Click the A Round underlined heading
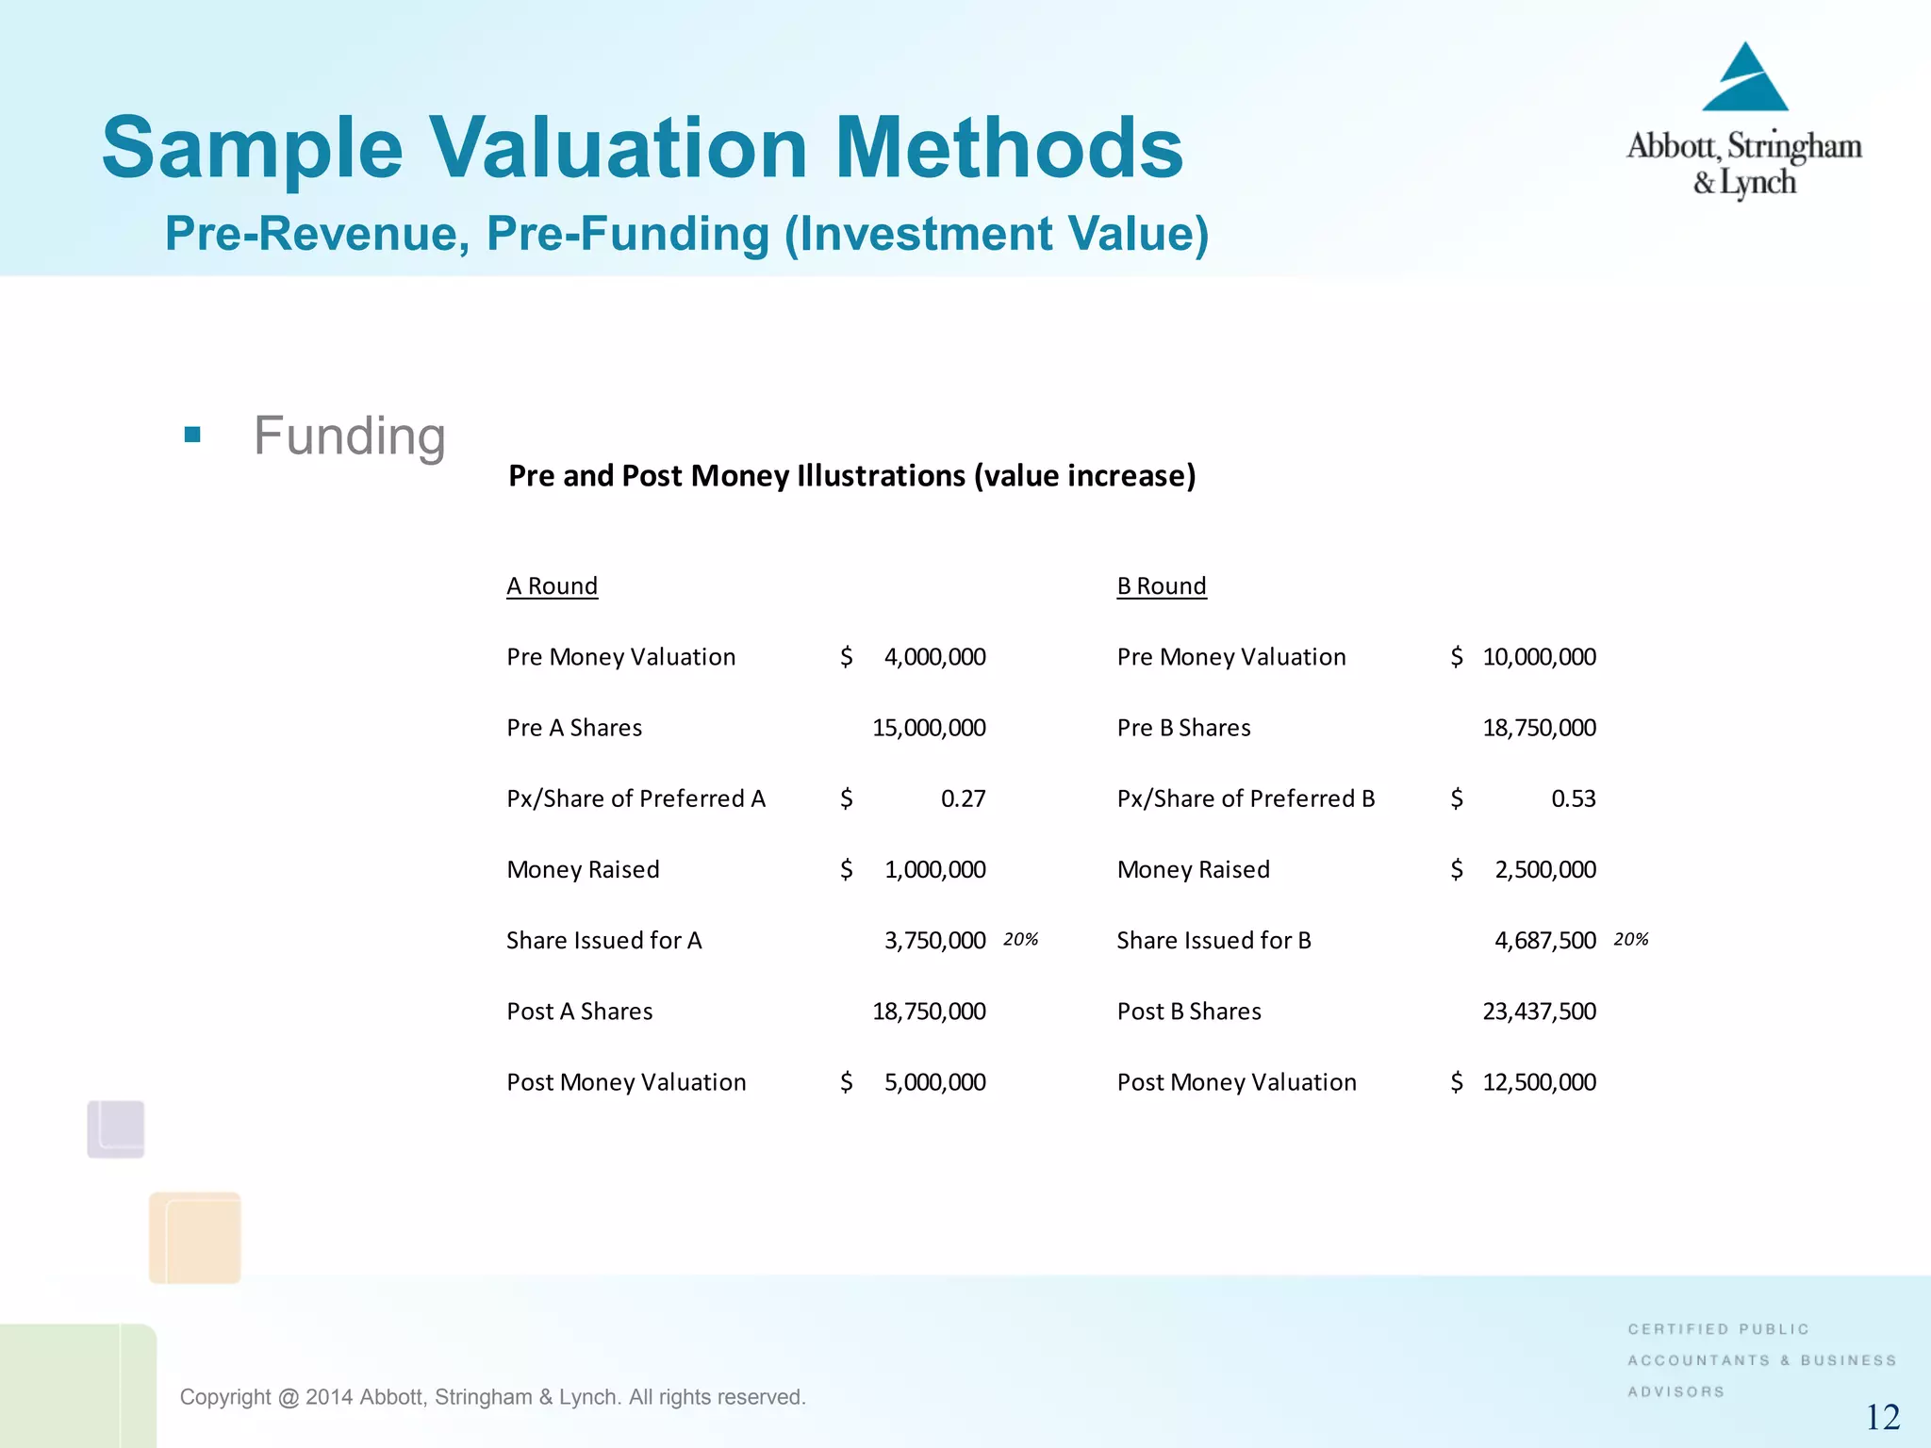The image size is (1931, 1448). (552, 586)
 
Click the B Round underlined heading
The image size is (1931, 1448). (1161, 586)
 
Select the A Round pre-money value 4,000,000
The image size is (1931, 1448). (934, 657)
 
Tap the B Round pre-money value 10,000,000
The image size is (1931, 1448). (1539, 657)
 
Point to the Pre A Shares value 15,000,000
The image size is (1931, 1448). (929, 728)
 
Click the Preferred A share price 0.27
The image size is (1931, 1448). (963, 799)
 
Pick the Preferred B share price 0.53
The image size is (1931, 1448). (1573, 799)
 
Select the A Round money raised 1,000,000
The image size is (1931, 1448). (934, 870)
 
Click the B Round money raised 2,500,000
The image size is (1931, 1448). (1544, 870)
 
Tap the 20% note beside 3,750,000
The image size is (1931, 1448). (1020, 940)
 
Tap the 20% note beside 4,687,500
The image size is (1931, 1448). (1630, 940)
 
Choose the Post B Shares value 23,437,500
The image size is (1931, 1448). (1539, 1012)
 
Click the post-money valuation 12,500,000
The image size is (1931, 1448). (1539, 1082)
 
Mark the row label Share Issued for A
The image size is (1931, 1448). (603, 941)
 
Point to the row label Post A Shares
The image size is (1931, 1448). (579, 1012)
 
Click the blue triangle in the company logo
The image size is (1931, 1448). (1745, 81)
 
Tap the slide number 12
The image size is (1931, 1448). (1883, 1417)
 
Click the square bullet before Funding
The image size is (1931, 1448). (193, 435)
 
